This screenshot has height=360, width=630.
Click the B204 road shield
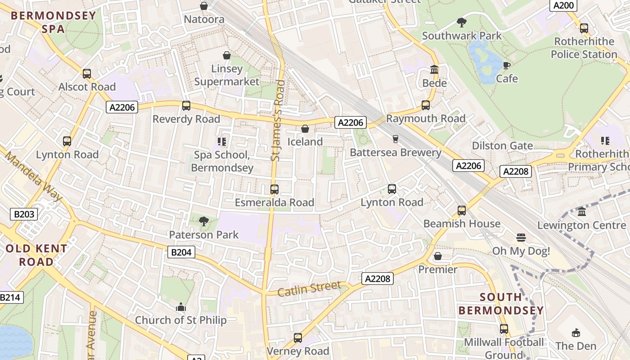point(181,252)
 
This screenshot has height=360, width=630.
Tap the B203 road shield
point(24,214)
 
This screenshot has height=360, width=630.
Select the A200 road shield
point(563,5)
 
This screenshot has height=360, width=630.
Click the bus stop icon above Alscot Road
point(87,74)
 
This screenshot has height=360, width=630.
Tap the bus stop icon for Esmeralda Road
point(274,189)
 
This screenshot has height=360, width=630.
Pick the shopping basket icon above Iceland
point(305,129)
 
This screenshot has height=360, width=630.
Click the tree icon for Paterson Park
point(204,221)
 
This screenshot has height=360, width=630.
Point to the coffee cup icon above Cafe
point(507,66)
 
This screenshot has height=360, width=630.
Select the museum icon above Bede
point(434,70)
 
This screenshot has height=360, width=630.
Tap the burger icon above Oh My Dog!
point(521,238)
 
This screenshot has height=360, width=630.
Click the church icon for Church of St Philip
point(181,307)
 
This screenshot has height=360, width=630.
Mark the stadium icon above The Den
point(576,333)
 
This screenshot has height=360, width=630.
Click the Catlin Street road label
point(309,288)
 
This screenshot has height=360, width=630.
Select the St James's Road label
point(278,120)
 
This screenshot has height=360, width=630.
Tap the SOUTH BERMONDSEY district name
point(501,304)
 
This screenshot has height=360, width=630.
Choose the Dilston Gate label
point(502,146)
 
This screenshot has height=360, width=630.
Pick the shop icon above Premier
point(438,256)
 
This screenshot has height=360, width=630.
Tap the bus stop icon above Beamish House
point(462,211)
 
